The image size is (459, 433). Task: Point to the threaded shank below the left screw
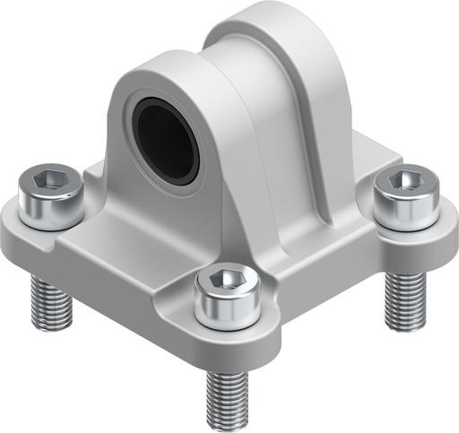pyautogui.click(x=46, y=301)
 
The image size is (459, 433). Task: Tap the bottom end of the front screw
pyautogui.click(x=228, y=421)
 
